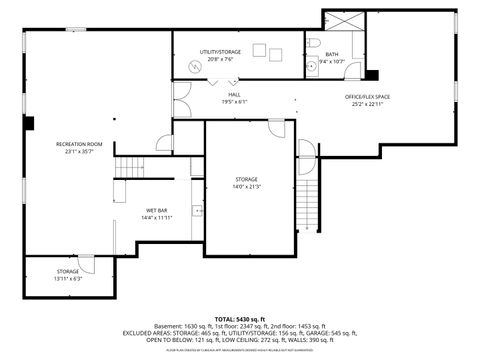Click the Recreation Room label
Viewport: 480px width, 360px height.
pyautogui.click(x=79, y=145)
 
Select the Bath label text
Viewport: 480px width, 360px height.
pyautogui.click(x=331, y=54)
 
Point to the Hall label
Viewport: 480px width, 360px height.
pyautogui.click(x=233, y=94)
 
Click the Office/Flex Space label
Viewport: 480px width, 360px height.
pyautogui.click(x=367, y=97)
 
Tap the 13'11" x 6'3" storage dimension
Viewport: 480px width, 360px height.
pyautogui.click(x=68, y=279)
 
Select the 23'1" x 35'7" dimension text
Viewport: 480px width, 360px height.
pyautogui.click(x=79, y=153)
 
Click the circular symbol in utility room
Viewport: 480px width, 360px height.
pyautogui.click(x=196, y=66)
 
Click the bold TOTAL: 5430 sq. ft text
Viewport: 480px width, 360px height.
pyautogui.click(x=239, y=317)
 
